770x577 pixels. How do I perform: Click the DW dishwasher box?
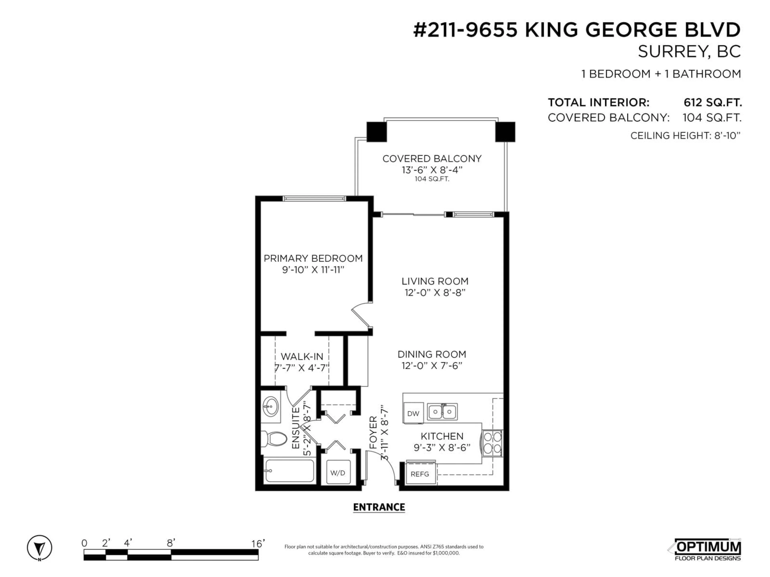413,414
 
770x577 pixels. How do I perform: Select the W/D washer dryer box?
337,473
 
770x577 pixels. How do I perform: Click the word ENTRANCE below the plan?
379,507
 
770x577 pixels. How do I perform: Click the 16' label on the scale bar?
258,543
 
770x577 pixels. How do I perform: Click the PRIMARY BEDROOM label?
313,258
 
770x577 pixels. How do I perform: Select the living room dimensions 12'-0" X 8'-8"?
435,293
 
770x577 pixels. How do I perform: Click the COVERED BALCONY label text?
432,159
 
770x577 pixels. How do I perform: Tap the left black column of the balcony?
377,132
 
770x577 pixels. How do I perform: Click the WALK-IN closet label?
302,356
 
